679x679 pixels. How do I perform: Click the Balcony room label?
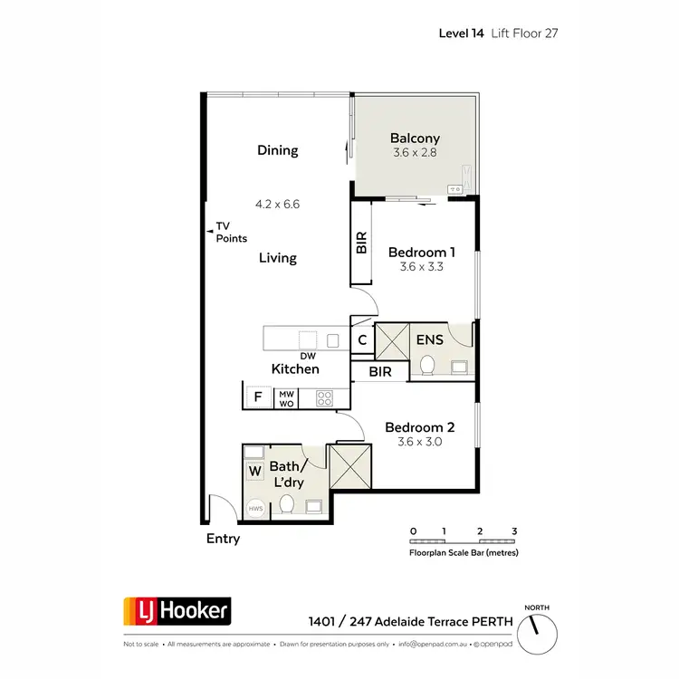pyautogui.click(x=415, y=139)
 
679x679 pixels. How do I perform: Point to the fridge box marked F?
pyautogui.click(x=258, y=397)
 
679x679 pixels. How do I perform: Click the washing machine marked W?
pyautogui.click(x=253, y=471)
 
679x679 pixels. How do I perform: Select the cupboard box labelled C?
pyautogui.click(x=362, y=340)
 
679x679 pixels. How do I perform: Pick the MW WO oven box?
pyautogui.click(x=287, y=397)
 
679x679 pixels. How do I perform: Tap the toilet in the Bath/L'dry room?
pyautogui.click(x=288, y=504)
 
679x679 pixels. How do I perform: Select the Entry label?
pyautogui.click(x=224, y=539)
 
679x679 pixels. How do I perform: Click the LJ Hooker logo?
pyautogui.click(x=177, y=613)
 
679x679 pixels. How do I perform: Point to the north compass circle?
pyautogui.click(x=540, y=626)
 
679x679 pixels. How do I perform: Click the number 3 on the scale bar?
pyautogui.click(x=513, y=531)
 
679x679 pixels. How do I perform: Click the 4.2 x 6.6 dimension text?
pyautogui.click(x=277, y=205)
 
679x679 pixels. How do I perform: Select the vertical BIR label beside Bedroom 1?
pyautogui.click(x=361, y=242)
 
